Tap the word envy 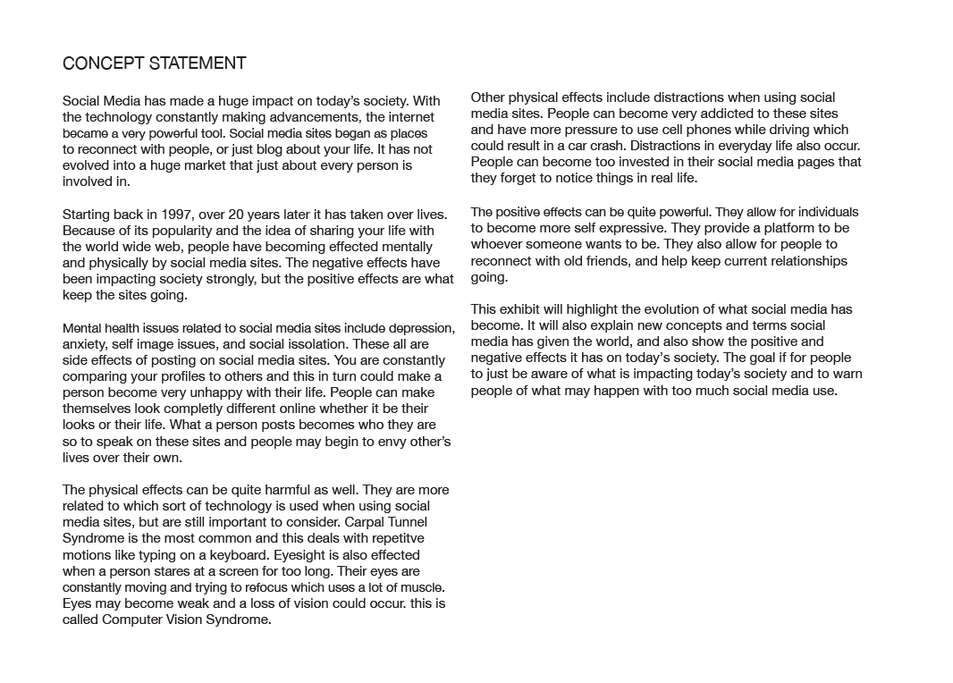coord(386,442)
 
